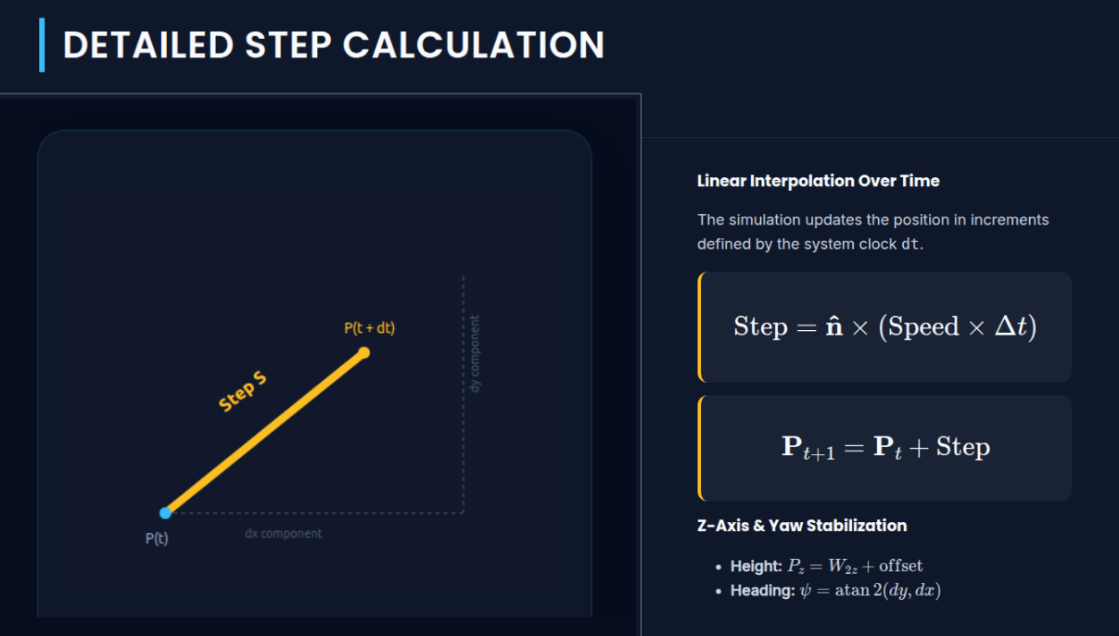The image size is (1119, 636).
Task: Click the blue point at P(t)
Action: click(165, 513)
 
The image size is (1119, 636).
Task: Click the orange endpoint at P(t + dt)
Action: click(364, 352)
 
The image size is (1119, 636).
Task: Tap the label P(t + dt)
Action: click(369, 327)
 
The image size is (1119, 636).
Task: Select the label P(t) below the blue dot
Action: click(157, 538)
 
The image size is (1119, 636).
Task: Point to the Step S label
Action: click(243, 392)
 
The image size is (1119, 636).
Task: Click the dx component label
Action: click(284, 533)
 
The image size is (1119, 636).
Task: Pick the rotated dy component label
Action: click(475, 353)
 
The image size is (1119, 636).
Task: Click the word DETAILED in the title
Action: click(147, 45)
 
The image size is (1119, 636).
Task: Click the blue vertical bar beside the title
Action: click(42, 45)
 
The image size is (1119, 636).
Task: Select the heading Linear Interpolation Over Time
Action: click(818, 181)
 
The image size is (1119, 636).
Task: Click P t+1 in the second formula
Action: click(807, 448)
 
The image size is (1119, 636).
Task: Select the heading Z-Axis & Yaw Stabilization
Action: click(801, 526)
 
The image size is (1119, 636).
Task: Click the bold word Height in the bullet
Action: click(756, 566)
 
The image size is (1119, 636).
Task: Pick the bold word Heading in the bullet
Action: click(760, 591)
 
